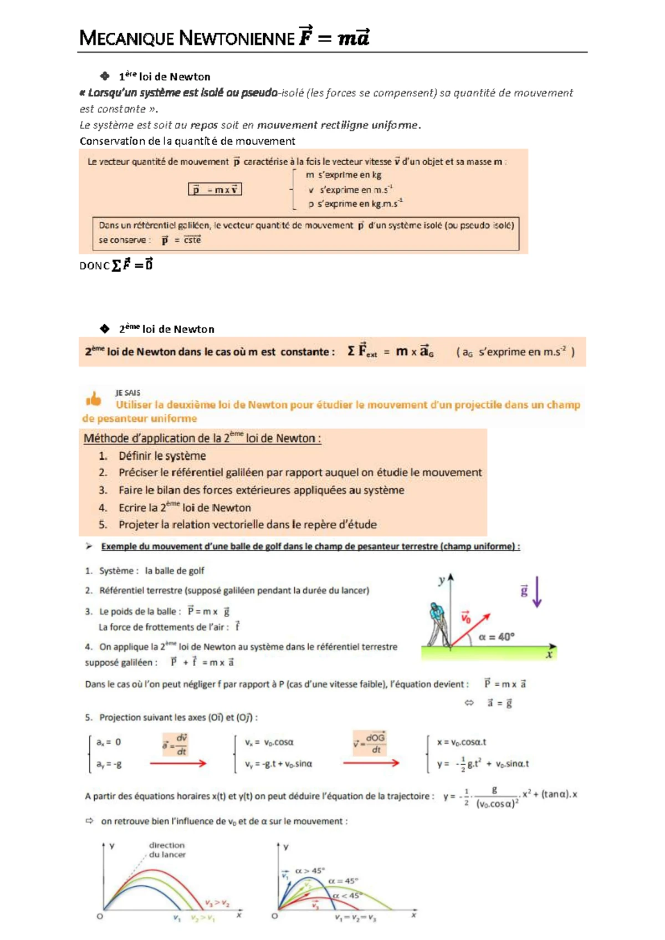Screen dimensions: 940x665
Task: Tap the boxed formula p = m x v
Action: tap(215, 190)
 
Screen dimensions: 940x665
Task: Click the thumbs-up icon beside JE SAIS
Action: tap(94, 399)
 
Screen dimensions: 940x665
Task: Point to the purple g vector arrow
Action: tap(536, 592)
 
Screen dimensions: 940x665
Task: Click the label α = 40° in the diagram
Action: tap(497, 637)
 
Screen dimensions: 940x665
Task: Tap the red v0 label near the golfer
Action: tap(466, 617)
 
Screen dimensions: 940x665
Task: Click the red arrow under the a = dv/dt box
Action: tap(178, 763)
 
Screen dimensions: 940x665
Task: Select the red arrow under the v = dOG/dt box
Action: tap(371, 763)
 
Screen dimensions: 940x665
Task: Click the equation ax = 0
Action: tap(109, 742)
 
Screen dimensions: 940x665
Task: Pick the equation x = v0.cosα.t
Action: tap(462, 742)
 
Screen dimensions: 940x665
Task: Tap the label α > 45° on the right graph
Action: tap(310, 871)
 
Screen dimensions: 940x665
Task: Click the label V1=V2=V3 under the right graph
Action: tap(355, 918)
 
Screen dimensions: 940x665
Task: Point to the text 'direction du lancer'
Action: tap(167, 850)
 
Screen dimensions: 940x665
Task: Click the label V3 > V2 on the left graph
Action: tap(217, 903)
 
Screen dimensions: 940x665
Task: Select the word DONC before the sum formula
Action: tap(94, 266)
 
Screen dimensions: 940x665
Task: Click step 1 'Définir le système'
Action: tap(162, 456)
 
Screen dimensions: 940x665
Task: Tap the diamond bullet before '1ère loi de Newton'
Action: tap(105, 76)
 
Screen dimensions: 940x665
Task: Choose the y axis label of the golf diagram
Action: tap(442, 581)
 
